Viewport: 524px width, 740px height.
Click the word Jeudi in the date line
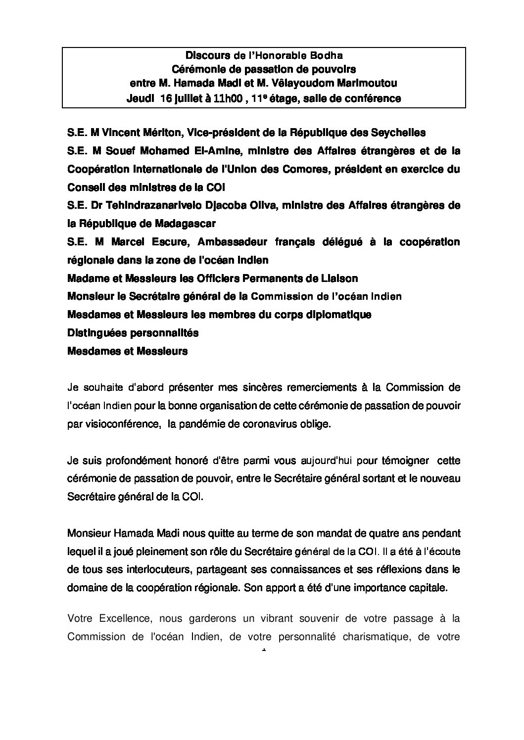[x=141, y=98]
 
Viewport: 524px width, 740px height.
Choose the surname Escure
[x=168, y=242]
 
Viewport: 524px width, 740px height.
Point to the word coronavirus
[x=270, y=424]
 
